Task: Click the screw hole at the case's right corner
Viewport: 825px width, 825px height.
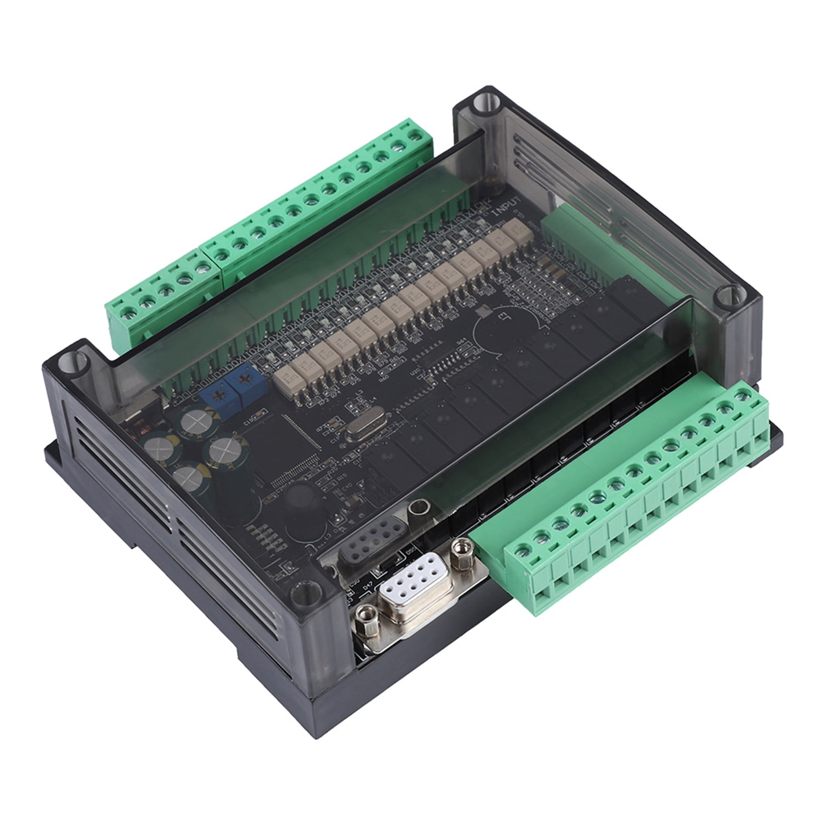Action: pyautogui.click(x=728, y=297)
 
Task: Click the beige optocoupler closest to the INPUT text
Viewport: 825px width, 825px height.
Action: pyautogui.click(x=514, y=226)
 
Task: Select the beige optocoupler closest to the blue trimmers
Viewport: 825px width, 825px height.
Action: pyautogui.click(x=283, y=380)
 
